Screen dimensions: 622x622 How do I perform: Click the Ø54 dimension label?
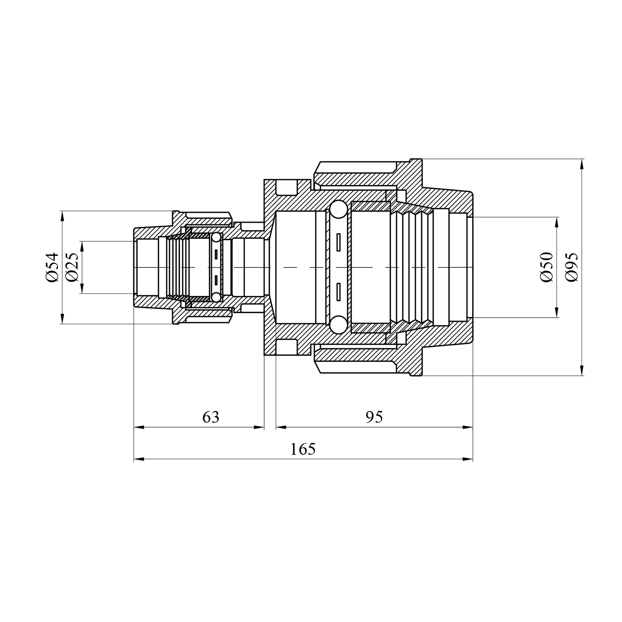[x=53, y=267]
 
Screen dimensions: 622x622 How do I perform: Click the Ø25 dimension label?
[x=72, y=267]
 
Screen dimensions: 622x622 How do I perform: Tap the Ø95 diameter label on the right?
[x=571, y=267]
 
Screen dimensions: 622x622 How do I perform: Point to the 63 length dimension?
[x=211, y=417]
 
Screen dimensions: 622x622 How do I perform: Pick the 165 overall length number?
[x=303, y=449]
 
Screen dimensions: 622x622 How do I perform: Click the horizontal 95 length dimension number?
[x=374, y=417]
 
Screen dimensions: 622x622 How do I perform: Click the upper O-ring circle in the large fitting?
[x=339, y=210]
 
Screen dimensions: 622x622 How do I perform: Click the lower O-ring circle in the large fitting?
[x=339, y=325]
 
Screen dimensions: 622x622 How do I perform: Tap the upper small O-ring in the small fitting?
[x=216, y=238]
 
